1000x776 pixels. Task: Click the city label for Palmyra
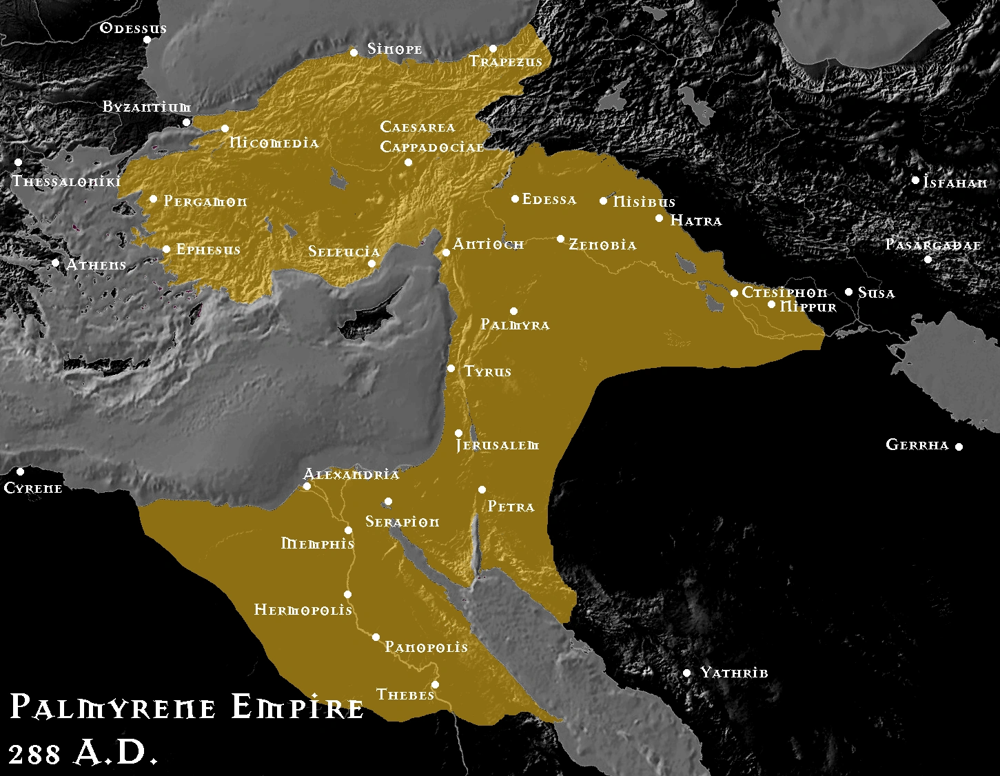point(515,325)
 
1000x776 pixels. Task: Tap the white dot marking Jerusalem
point(459,433)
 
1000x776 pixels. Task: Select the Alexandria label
point(351,474)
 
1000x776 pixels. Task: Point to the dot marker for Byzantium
point(186,122)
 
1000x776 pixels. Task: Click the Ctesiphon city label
point(784,293)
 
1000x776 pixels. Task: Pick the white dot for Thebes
point(435,684)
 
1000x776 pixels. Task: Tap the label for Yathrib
point(734,673)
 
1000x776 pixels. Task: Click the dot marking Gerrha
point(958,447)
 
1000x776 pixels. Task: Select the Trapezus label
point(506,62)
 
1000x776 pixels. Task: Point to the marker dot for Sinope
point(354,52)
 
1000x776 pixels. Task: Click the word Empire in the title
point(297,708)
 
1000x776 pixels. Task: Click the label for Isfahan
point(955,183)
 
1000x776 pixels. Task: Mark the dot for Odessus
point(147,39)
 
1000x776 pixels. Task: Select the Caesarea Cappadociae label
point(431,137)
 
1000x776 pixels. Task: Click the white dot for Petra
point(482,490)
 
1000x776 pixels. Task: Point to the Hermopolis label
point(303,610)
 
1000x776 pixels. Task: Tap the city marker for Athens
point(56,263)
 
